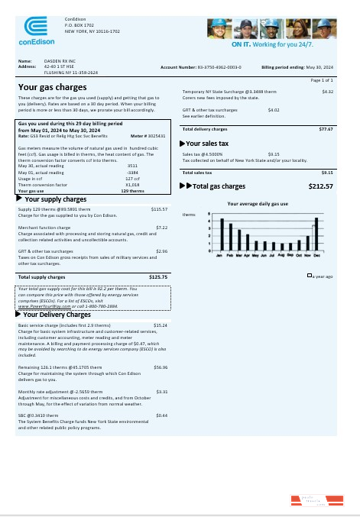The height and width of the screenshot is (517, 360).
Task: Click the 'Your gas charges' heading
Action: [x=50, y=87]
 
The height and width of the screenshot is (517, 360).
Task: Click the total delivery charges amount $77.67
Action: [x=326, y=129]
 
